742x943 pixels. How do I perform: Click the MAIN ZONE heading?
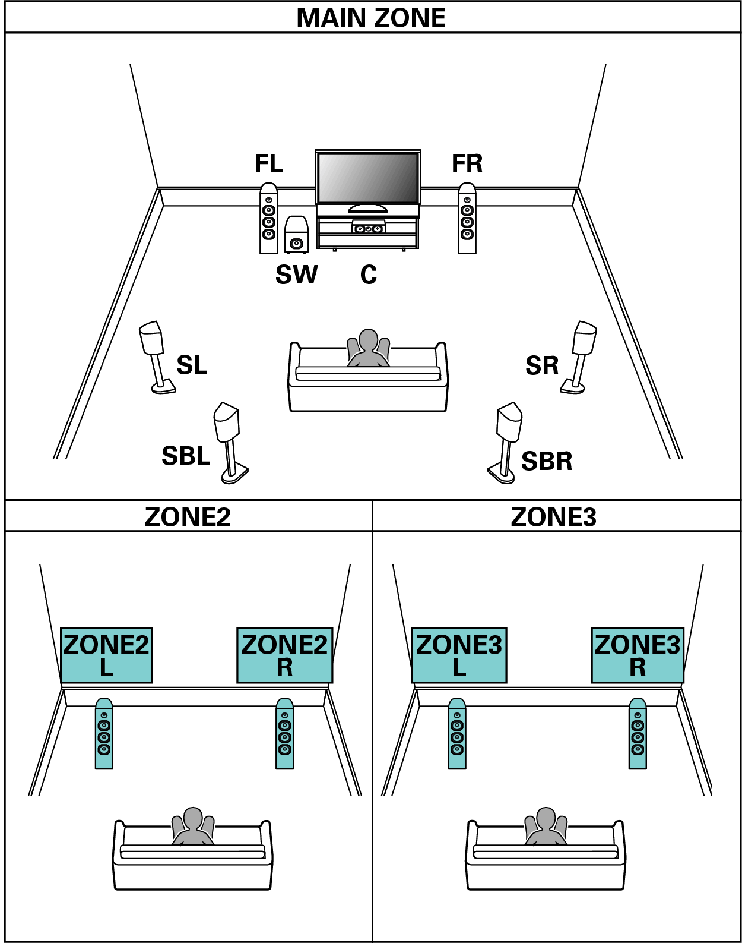371,18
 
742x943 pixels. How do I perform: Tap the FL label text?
268,163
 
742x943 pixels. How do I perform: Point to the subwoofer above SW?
296,235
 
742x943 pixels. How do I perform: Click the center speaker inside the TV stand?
368,228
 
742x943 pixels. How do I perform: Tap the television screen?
368,178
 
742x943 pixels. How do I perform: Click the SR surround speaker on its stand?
581,357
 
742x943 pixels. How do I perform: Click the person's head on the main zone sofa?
369,340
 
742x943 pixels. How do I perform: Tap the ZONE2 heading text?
188,517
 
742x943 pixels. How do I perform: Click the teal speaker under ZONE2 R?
284,734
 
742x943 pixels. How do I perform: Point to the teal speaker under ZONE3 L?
456,734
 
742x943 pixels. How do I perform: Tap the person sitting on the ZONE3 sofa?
545,826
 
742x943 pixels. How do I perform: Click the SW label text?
296,275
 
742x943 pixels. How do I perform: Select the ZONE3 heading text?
553,517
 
